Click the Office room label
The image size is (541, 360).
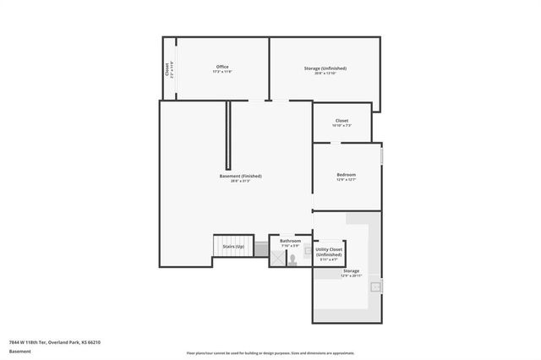pos(222,67)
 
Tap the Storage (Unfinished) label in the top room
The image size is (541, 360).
pos(325,68)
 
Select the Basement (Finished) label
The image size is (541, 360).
pos(240,176)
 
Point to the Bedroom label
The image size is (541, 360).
pos(347,174)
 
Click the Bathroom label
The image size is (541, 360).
pos(290,241)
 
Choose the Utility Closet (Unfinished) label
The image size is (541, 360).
pos(329,252)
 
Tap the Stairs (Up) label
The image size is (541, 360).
pos(234,246)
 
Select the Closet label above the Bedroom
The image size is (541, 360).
pos(342,120)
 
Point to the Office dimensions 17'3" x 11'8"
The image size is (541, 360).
pos(222,72)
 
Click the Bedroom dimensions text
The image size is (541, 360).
pos(347,179)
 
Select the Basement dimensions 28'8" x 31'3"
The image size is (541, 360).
pos(240,181)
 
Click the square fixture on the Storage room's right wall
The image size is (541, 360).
pos(376,285)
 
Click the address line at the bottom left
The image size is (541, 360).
pos(55,342)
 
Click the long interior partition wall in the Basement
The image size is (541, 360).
pos(227,135)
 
